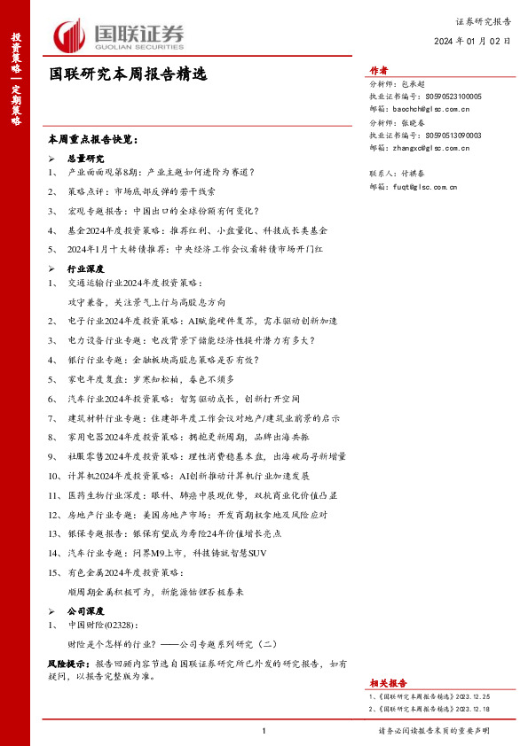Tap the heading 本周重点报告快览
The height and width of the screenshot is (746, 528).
pos(92,140)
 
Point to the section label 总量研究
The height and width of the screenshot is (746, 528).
pos(86,157)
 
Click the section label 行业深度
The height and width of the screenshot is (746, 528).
pos(86,268)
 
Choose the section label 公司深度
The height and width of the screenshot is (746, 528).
pos(86,611)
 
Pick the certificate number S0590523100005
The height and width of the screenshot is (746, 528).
pos(453,96)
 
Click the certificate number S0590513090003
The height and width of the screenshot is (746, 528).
pos(453,136)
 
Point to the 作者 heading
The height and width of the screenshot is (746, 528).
pos(379,71)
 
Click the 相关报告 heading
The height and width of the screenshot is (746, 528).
pos(388,683)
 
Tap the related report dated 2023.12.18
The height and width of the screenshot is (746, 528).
pos(428,710)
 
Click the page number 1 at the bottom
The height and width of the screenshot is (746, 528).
pos(264,731)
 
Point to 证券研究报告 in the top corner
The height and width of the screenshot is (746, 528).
pos(484,19)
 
